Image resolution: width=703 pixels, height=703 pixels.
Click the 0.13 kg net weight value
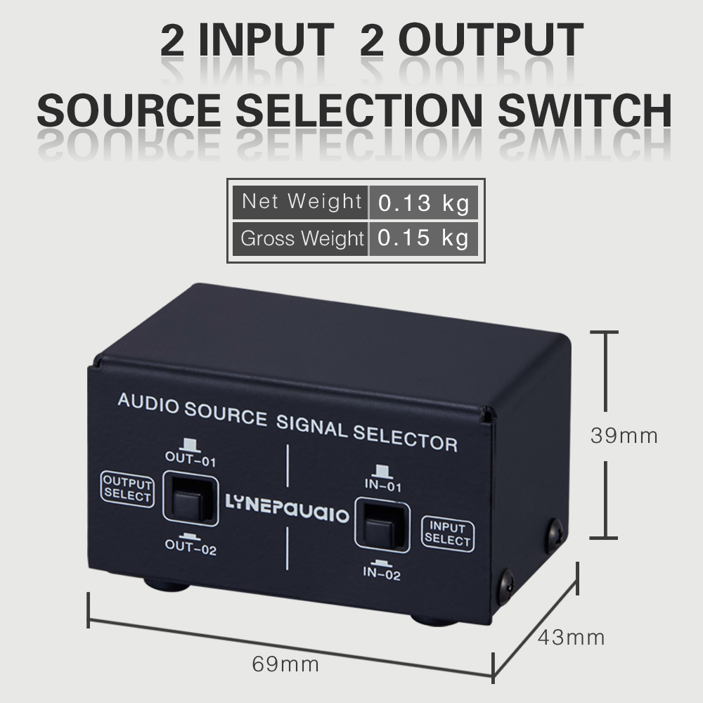coord(423,202)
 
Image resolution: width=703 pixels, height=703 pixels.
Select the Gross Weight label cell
coord(300,238)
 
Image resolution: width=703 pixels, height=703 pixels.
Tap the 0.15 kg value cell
coord(423,238)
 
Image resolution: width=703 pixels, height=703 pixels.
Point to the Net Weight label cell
coord(300,202)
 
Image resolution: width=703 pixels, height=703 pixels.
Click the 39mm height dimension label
coord(624,436)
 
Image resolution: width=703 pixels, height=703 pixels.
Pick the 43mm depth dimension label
coord(571,638)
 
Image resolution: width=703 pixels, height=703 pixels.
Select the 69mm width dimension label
coord(285,664)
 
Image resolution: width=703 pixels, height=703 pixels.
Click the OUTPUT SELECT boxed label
coord(127,489)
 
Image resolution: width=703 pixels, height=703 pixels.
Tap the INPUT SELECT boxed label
coord(447,534)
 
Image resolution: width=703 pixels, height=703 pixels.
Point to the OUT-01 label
coord(191,458)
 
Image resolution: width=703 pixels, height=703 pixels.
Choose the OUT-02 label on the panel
coord(191,547)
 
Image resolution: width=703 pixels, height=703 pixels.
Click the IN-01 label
coord(382,484)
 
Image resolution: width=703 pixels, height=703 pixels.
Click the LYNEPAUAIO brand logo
coord(287,508)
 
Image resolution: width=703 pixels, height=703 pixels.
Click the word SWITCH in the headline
coord(584,110)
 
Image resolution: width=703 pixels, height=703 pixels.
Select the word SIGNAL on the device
coord(311,427)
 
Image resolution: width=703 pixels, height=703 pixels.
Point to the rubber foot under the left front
coord(167,584)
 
